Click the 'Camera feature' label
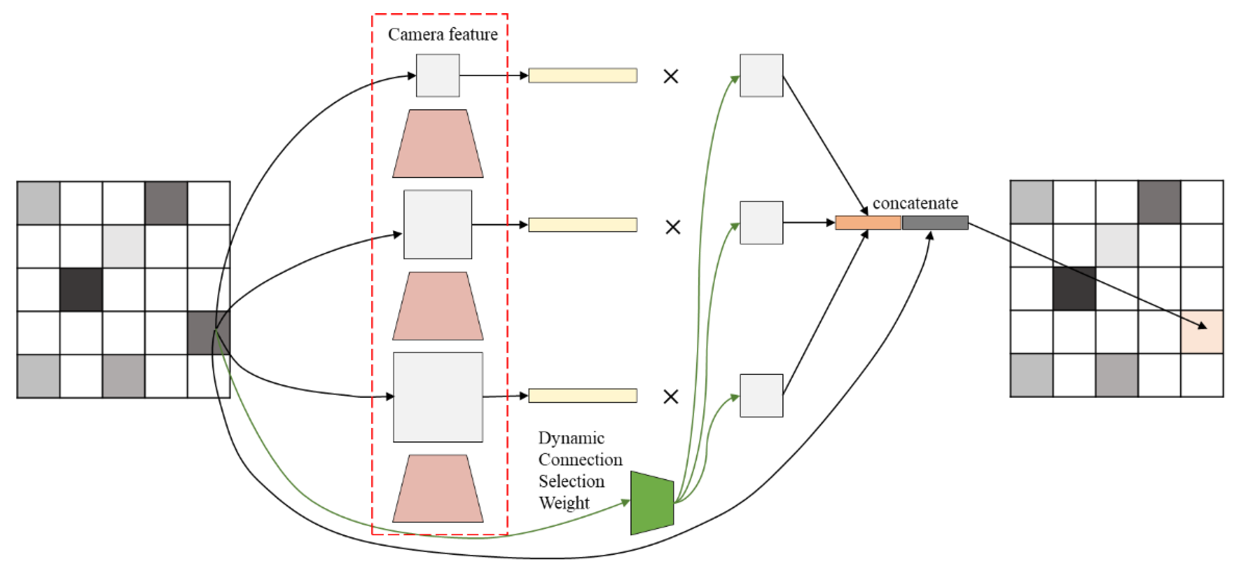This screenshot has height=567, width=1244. (442, 34)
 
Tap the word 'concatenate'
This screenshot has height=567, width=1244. (915, 203)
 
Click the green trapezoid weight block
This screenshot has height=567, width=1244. (652, 503)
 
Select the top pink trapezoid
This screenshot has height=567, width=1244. (437, 144)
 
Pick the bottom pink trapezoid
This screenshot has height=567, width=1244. (437, 489)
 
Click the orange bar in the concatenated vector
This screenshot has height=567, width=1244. (868, 223)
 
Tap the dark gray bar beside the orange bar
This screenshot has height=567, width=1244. (935, 223)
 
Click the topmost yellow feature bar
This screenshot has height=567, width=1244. (583, 76)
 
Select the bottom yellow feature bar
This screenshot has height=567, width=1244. (583, 396)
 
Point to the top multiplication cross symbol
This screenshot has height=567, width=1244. (671, 76)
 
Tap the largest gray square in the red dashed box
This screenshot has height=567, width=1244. (437, 397)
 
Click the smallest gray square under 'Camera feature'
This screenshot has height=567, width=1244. (437, 76)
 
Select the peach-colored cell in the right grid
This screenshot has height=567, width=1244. (1201, 332)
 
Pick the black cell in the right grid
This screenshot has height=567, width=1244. (1074, 289)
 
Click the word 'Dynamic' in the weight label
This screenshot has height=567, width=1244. (571, 438)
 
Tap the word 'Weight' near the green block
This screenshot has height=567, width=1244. (564, 503)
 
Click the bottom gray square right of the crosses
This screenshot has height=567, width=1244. (761, 395)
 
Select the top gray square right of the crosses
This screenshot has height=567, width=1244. (761, 76)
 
